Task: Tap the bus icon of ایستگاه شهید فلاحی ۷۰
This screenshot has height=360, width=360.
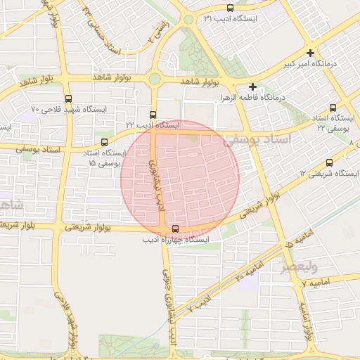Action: click(68, 99)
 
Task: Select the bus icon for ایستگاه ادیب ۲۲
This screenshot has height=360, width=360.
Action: click(153, 115)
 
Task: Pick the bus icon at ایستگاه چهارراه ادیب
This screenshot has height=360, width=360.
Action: click(175, 229)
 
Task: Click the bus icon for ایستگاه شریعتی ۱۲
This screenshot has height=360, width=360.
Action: click(329, 162)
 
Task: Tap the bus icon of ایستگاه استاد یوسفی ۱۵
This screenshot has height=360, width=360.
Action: click(105, 141)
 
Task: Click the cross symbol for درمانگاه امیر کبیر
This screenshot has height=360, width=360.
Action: click(311, 53)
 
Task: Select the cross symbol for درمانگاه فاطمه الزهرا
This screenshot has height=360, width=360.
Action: click(252, 86)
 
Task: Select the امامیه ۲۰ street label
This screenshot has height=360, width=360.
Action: click(249, 270)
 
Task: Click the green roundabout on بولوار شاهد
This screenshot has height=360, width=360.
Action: click(155, 79)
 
